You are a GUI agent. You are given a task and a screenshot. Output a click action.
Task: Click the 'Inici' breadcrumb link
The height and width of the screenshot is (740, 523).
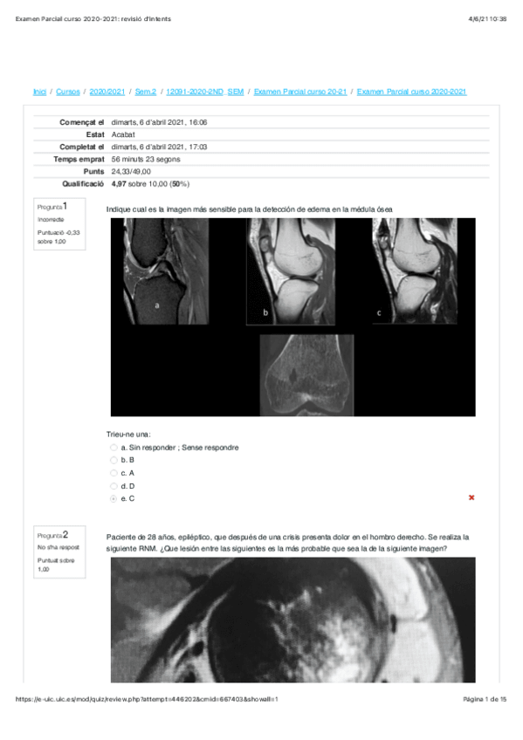tap(39, 92)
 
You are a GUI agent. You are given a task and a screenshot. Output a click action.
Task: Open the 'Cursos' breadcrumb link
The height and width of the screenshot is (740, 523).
tap(68, 92)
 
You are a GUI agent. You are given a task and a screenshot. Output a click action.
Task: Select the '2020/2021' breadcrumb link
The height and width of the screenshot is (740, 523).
tap(107, 92)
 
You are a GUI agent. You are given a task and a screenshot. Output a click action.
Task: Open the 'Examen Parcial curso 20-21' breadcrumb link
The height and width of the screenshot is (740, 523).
tap(300, 92)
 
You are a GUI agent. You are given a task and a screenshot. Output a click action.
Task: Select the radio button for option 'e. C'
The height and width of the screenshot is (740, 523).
tap(114, 498)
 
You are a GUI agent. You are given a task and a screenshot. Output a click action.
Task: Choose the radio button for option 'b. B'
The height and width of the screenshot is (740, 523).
tap(114, 460)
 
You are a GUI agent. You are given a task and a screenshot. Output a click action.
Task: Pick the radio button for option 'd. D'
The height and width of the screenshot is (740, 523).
tap(114, 485)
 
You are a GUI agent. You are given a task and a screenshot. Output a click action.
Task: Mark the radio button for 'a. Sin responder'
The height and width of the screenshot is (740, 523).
tap(114, 448)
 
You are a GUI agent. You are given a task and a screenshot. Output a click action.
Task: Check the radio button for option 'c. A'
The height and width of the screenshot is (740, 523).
tap(114, 473)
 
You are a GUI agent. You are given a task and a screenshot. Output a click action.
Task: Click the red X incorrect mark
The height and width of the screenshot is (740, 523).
tap(471, 497)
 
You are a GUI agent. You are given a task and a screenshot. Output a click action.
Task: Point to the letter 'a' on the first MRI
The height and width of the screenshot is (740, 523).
tap(157, 305)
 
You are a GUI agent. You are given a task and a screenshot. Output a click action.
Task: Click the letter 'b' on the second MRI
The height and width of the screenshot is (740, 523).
tap(265, 311)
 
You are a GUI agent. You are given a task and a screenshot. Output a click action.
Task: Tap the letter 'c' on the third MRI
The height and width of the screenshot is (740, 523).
tap(378, 312)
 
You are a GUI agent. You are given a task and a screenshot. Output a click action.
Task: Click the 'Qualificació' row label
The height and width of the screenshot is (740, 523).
tap(83, 184)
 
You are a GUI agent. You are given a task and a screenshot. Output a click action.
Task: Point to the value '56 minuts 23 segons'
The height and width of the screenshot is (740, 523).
tap(146, 160)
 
